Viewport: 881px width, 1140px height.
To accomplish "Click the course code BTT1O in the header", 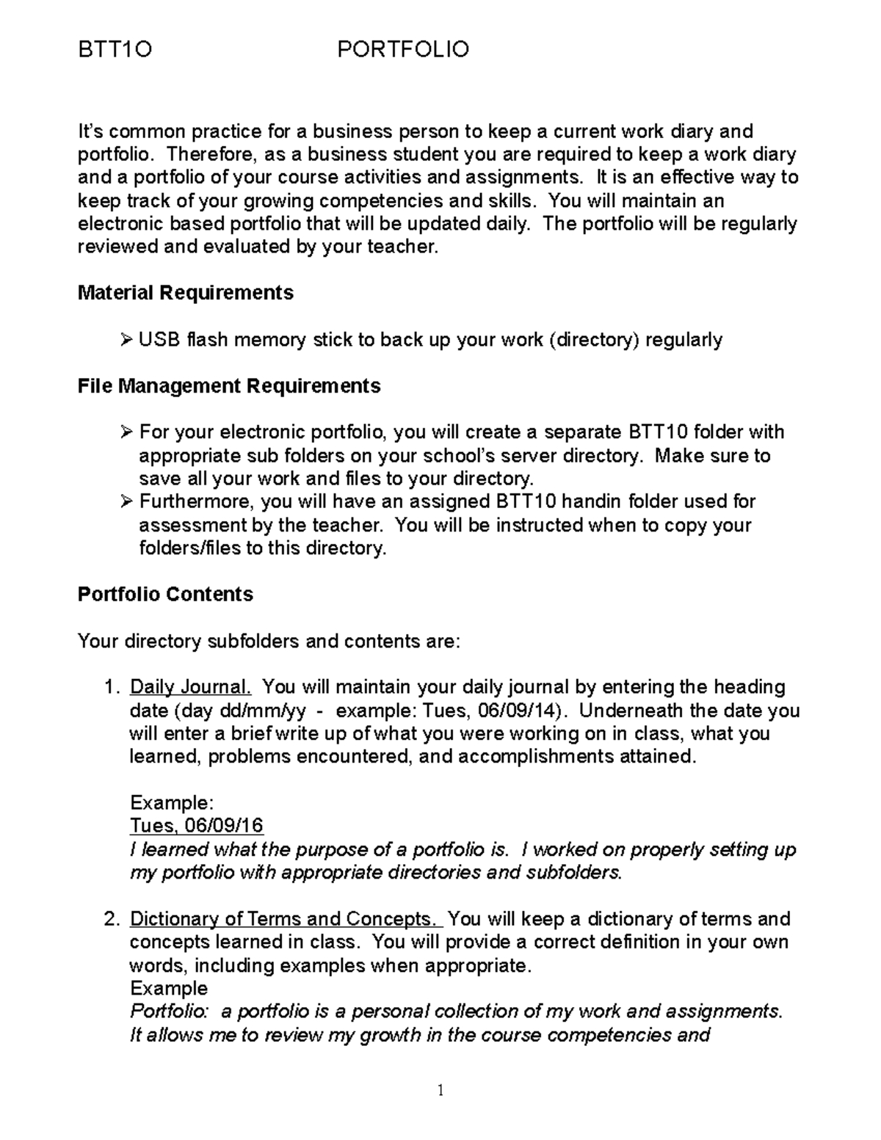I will [115, 50].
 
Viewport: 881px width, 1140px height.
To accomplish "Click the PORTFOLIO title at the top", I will [402, 50].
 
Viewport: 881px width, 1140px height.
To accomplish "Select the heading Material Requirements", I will [185, 293].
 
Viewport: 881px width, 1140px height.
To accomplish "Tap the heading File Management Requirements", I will [229, 386].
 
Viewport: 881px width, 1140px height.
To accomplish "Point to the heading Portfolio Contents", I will [165, 594].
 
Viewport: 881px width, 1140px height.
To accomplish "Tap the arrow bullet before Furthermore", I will [126, 501].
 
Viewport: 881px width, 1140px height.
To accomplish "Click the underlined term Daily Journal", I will [190, 687].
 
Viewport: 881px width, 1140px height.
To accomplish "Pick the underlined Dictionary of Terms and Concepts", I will [286, 919].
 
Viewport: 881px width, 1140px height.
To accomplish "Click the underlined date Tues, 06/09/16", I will [196, 826].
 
